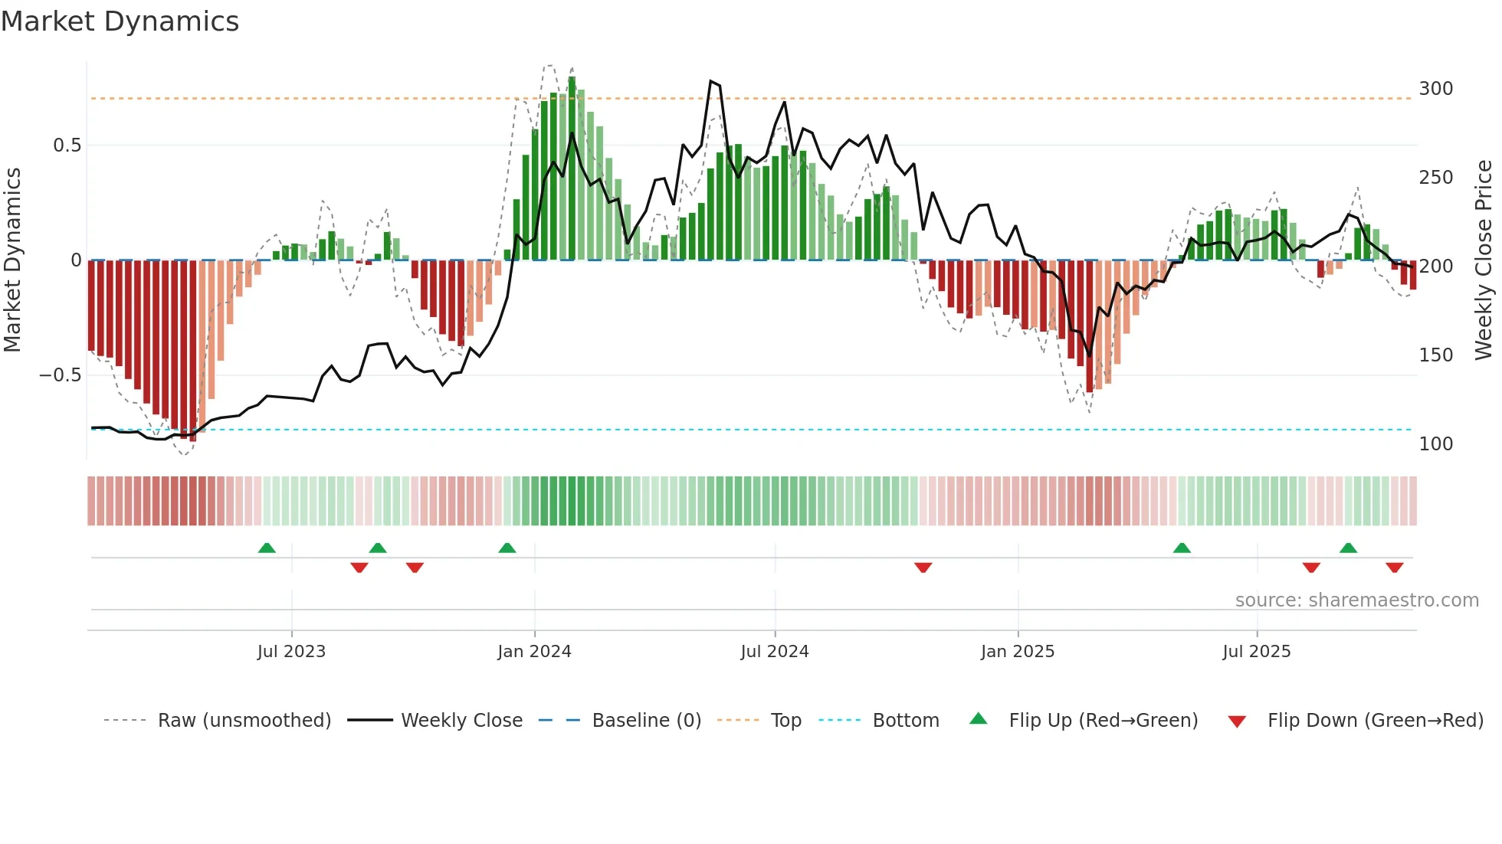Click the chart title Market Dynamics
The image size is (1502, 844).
click(x=120, y=21)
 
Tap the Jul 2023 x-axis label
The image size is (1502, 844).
click(x=291, y=652)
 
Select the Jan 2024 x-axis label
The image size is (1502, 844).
click(x=534, y=652)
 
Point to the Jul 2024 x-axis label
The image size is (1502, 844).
click(x=775, y=652)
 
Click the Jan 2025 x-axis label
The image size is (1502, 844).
click(x=1018, y=652)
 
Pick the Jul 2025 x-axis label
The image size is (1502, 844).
click(x=1257, y=652)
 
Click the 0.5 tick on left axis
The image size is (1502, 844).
click(x=67, y=146)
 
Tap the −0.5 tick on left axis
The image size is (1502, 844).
click(x=60, y=375)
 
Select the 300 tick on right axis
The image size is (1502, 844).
click(x=1435, y=89)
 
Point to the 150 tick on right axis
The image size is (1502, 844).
click(x=1435, y=355)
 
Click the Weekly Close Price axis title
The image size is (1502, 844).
click(x=1484, y=260)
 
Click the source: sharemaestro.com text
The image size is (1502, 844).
click(x=1356, y=600)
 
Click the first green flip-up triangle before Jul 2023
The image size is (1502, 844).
click(x=267, y=548)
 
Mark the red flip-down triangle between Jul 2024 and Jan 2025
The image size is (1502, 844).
click(x=923, y=568)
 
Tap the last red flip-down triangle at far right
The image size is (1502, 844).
click(x=1394, y=568)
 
